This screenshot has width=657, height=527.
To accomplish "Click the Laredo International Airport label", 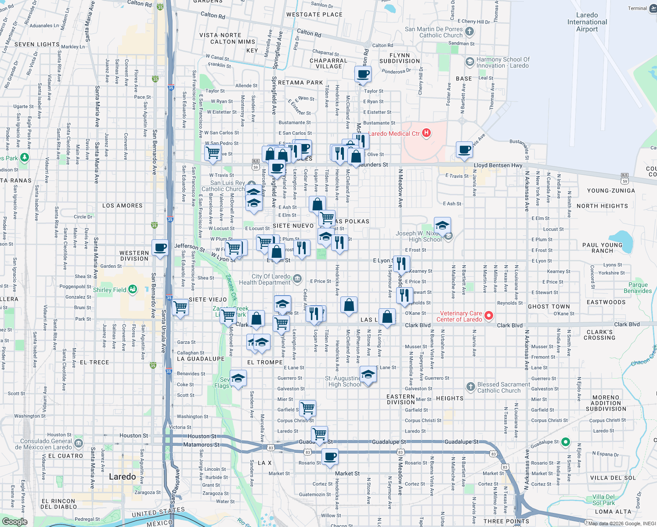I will (x=587, y=22).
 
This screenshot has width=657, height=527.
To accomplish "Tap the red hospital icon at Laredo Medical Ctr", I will (x=426, y=133).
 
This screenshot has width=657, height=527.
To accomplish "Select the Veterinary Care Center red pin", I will (x=488, y=316).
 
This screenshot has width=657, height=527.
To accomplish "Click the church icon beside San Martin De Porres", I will (x=469, y=32).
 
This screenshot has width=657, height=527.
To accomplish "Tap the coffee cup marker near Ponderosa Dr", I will (x=363, y=75).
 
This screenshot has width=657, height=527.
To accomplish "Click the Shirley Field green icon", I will (x=133, y=289).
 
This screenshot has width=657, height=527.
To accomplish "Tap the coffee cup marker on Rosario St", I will (x=330, y=457).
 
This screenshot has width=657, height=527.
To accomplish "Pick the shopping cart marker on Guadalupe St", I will (x=320, y=434).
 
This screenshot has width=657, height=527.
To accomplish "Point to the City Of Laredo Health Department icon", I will (x=297, y=279).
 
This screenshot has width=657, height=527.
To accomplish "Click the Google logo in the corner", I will (x=14, y=521).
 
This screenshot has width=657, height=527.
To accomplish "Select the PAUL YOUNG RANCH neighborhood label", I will (x=602, y=248).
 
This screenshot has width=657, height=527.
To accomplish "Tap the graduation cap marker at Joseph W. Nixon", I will (x=442, y=226).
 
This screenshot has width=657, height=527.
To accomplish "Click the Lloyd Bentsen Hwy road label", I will (x=498, y=166).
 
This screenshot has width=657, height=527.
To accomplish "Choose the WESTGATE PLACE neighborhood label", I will (x=314, y=14).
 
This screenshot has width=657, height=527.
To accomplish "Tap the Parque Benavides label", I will (x=638, y=288).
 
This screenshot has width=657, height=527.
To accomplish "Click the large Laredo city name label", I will (x=122, y=476).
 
